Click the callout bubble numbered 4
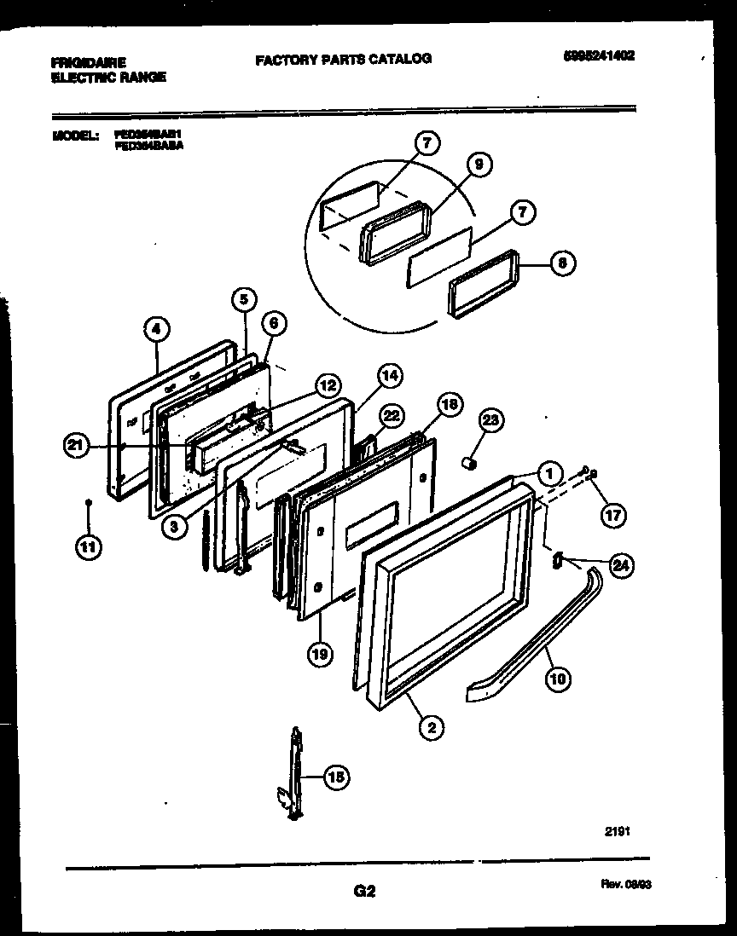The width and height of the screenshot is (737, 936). pyautogui.click(x=156, y=326)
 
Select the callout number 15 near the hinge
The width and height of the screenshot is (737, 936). pyautogui.click(x=336, y=776)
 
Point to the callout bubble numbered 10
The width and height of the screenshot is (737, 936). pyautogui.click(x=559, y=679)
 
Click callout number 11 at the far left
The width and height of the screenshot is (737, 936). pyautogui.click(x=87, y=547)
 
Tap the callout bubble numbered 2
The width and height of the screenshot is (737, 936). pyautogui.click(x=432, y=726)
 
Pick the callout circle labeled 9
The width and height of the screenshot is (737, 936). pyautogui.click(x=479, y=165)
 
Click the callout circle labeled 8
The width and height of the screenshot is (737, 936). pyautogui.click(x=560, y=264)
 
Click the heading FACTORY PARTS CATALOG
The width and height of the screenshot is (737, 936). pyautogui.click(x=343, y=59)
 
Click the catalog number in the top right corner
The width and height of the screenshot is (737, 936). pyautogui.click(x=599, y=56)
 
